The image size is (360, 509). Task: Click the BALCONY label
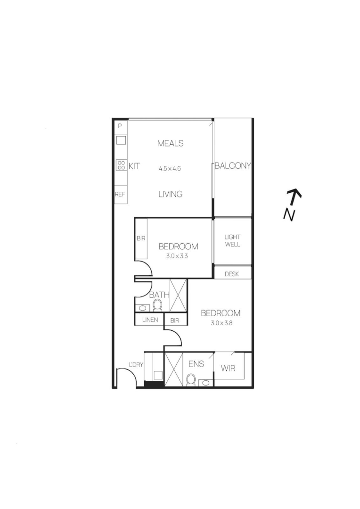232,165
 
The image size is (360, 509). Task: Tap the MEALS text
171,143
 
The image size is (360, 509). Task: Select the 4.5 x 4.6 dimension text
170,168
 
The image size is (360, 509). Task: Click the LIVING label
171,194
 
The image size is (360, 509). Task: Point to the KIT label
134,166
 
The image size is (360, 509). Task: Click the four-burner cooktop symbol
122,165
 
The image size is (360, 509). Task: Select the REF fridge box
121,195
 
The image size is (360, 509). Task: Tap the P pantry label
120,126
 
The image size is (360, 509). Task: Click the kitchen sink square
121,140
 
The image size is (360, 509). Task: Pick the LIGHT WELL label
232,240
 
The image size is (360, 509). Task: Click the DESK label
232,274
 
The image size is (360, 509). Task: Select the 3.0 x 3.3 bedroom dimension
177,256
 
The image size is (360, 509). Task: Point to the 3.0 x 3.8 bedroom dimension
222,323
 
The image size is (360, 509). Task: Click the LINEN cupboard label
150,320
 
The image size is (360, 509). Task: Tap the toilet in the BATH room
157,305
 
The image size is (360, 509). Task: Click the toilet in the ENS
191,380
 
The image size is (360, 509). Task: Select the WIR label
228,369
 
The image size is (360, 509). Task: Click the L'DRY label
136,364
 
